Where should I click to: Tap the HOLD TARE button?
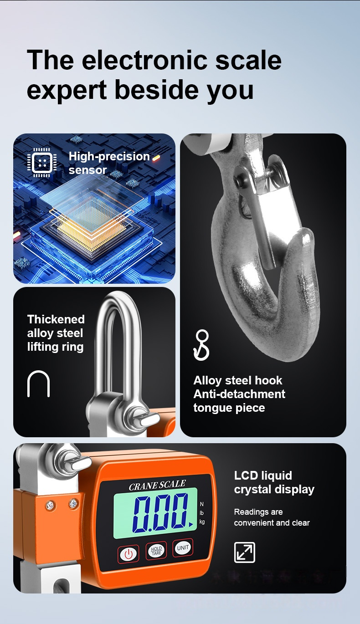[156, 550]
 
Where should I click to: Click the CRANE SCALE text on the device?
[157, 485]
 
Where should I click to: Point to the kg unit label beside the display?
[202, 522]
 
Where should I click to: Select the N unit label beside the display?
[202, 504]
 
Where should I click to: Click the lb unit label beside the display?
[202, 513]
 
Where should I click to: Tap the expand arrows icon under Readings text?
[244, 552]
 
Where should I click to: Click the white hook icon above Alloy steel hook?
[201, 345]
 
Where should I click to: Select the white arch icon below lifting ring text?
[38, 384]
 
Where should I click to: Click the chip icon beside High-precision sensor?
[42, 163]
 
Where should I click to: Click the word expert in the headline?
[67, 90]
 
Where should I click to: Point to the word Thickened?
[56, 319]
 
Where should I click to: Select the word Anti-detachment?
[239, 394]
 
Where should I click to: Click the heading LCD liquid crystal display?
[274, 482]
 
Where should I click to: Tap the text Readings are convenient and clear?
[272, 517]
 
